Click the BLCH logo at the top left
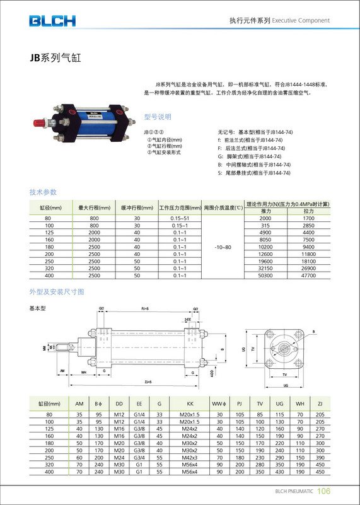click(52, 21)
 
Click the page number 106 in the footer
click(323, 492)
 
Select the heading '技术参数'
click(43, 192)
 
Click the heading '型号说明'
click(158, 117)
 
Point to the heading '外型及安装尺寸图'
click(56, 292)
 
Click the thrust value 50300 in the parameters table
click(265, 276)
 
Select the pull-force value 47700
click(308, 276)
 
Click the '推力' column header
click(265, 211)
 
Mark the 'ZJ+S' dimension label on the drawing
click(147, 383)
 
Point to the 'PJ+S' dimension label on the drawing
click(144, 309)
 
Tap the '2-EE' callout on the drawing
click(187, 320)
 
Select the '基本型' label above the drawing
click(38, 308)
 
